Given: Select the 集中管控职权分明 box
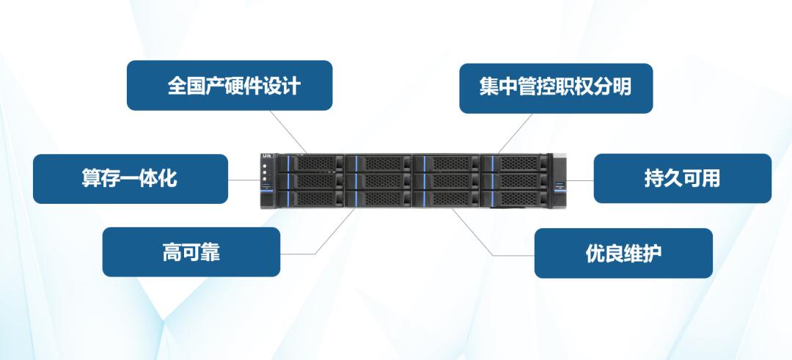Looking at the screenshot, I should pos(556,87).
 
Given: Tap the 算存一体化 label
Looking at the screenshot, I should pos(130,178).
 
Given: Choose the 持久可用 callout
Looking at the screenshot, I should pos(682,178).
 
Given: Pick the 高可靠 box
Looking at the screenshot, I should pos(191,252).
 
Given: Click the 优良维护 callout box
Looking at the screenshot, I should pos(623,253).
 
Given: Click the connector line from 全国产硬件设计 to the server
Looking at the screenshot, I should pos(289,131).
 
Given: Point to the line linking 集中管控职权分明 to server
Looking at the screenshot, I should pos(514,133).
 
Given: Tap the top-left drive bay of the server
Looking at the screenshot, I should pos(311,162).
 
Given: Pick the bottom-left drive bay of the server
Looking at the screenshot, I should pos(311,198).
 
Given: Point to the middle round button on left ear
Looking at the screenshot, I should pos(265,175).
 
